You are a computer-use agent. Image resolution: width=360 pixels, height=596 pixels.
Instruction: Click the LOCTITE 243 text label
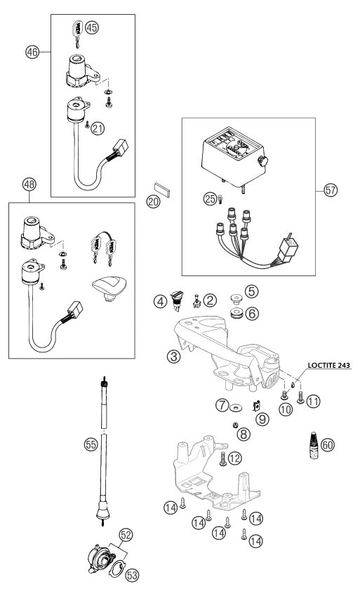[x=329, y=366]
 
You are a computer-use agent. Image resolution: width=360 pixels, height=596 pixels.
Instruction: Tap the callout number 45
[x=92, y=28]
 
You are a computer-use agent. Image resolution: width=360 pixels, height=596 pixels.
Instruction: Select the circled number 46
[x=32, y=52]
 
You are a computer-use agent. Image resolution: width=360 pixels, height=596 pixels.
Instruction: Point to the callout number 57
[x=331, y=190]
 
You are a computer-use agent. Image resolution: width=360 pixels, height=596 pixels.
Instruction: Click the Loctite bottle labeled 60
[x=314, y=445]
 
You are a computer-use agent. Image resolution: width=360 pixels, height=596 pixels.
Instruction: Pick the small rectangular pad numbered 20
[x=161, y=189]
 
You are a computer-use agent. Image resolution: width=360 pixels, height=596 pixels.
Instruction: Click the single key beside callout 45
[x=76, y=34]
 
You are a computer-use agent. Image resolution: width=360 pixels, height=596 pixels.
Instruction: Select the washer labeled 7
[x=235, y=408]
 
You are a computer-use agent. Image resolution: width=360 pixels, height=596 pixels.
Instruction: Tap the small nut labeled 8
[x=236, y=425]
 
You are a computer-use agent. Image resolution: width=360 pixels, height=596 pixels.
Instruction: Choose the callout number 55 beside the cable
[x=91, y=445]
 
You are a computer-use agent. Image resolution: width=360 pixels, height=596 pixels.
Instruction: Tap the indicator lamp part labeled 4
[x=177, y=300]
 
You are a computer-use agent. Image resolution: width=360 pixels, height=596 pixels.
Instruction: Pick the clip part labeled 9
[x=256, y=406]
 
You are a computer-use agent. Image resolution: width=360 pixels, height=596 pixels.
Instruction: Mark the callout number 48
[x=29, y=185]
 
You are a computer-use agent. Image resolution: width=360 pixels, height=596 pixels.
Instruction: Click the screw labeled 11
[x=300, y=397]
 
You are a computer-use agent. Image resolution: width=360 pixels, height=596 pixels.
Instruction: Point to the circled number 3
[x=173, y=357]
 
